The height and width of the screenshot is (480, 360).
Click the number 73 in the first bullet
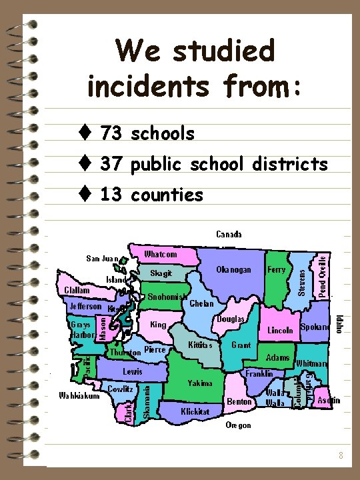coord(111,133)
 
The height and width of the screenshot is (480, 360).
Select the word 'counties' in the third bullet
coord(167,195)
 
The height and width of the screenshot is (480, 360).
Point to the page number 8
coord(341,455)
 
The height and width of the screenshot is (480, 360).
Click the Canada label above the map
coord(229,234)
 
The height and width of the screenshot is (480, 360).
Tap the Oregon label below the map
coord(238,425)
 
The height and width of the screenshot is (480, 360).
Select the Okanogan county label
coord(234,269)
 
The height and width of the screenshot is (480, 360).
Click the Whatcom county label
coord(161,254)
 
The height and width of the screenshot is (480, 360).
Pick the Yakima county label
coord(200,383)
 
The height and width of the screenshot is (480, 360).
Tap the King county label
coord(159,325)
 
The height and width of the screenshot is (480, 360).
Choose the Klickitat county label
coord(195,411)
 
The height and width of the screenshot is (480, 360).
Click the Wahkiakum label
coord(79,395)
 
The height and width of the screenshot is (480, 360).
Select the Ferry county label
coord(276,269)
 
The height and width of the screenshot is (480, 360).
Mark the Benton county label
coord(239,401)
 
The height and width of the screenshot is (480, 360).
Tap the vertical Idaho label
coord(339,325)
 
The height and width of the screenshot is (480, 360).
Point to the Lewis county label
coord(132,370)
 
